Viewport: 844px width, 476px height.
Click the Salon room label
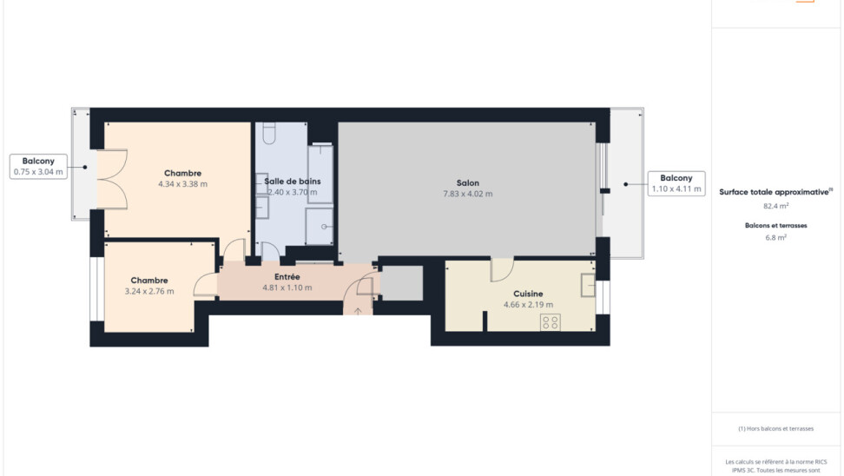point(468,183)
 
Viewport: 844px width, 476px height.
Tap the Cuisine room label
point(528,294)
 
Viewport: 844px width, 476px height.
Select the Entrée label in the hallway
point(287,277)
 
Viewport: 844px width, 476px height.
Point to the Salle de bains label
point(293,182)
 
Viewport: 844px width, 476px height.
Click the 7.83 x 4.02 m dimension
point(468,194)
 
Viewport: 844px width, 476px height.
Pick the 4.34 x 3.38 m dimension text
point(182,184)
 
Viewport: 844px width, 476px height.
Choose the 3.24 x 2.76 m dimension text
point(149,291)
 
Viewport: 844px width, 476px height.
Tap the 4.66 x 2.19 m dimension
point(528,305)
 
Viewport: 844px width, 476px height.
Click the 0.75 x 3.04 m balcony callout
point(38,167)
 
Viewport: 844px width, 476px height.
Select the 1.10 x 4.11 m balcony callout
point(676,183)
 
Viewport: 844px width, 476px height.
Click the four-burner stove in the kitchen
point(551,322)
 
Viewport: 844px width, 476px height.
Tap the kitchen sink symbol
point(588,286)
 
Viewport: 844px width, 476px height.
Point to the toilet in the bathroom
point(268,133)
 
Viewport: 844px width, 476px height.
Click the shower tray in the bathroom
point(320,226)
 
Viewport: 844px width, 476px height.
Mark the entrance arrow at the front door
point(358,311)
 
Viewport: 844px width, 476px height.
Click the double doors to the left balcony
point(112,179)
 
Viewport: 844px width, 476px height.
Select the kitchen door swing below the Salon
point(502,270)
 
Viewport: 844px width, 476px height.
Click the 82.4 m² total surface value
point(775,206)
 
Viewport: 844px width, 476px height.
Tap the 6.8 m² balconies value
point(775,237)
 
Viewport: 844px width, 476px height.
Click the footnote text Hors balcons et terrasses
point(775,428)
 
